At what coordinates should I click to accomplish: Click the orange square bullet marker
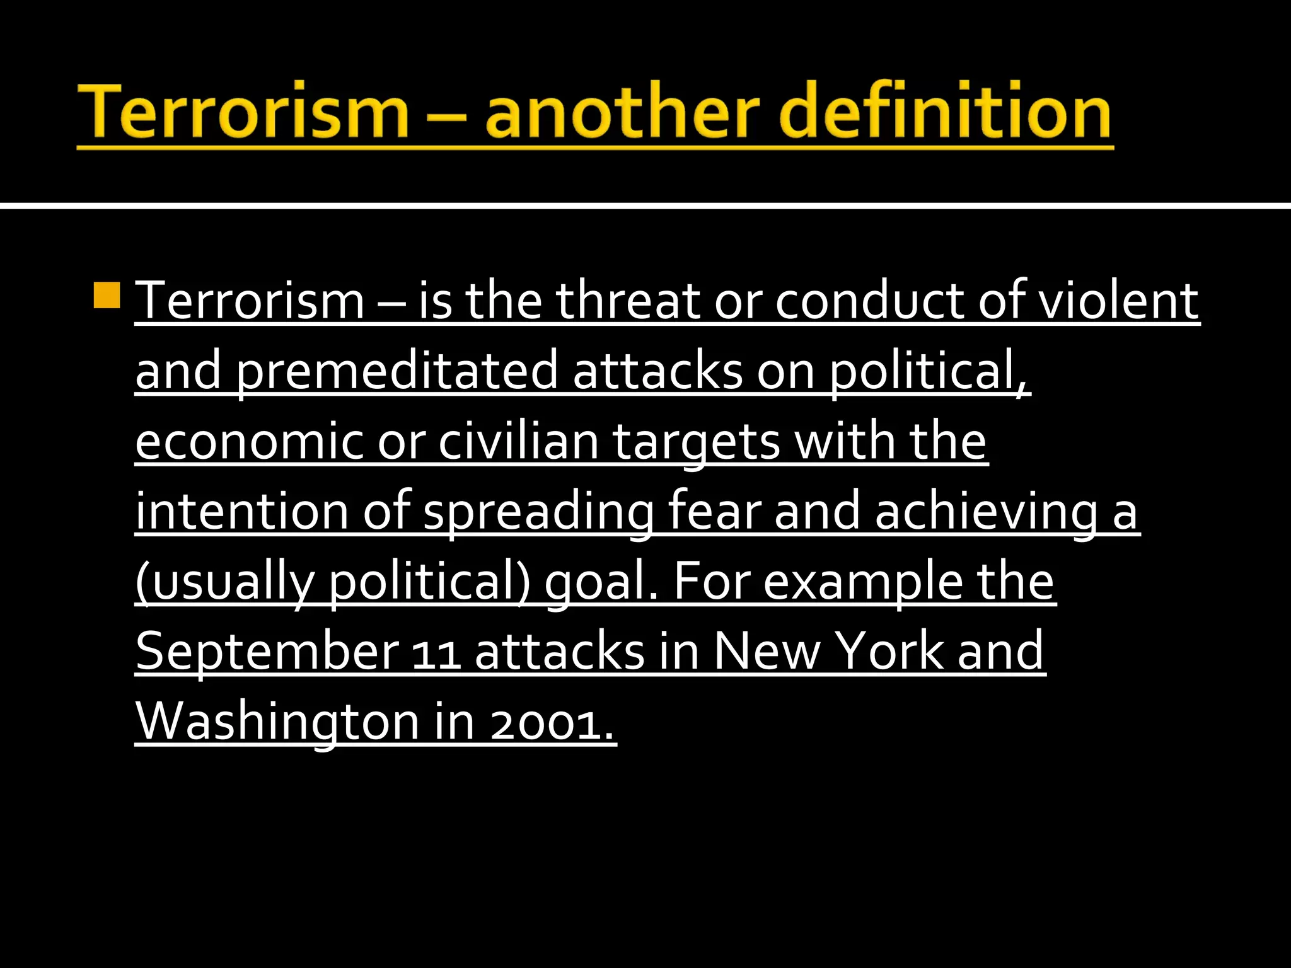(x=107, y=296)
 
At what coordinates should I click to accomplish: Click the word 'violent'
(x=1118, y=301)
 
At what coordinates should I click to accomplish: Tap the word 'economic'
(x=249, y=442)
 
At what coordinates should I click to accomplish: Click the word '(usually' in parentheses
(x=224, y=583)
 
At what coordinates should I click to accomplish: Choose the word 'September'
(x=267, y=653)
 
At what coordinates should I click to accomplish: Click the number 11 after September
(x=436, y=656)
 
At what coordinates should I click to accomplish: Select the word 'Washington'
(x=278, y=723)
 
